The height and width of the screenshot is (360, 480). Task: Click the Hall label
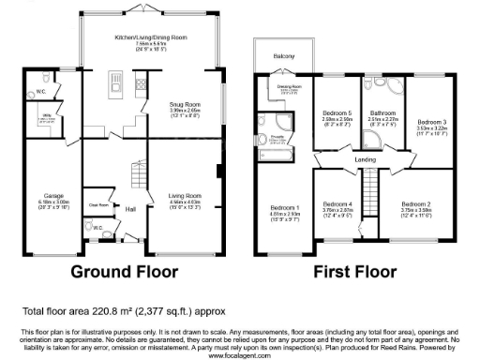(x=131, y=209)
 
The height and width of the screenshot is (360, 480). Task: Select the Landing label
(x=366, y=158)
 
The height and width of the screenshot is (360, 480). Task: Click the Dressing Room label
(x=288, y=87)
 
